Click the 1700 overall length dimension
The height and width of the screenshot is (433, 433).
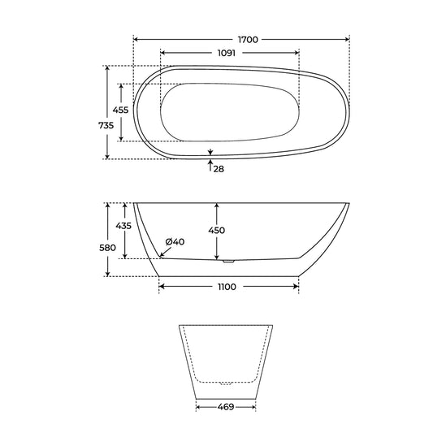[x=248, y=40]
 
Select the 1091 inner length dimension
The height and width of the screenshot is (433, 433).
[x=227, y=53]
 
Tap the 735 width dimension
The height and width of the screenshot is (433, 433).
[x=106, y=125]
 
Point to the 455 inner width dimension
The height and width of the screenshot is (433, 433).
[x=120, y=110]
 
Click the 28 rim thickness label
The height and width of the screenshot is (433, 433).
[x=219, y=169]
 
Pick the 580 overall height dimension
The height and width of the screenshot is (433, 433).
[x=107, y=248]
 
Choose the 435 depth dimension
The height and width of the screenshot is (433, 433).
[x=123, y=226]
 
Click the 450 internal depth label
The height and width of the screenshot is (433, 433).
[x=216, y=230]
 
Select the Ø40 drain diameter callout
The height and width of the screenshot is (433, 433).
[x=175, y=242]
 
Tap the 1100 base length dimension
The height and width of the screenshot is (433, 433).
[x=227, y=287]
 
